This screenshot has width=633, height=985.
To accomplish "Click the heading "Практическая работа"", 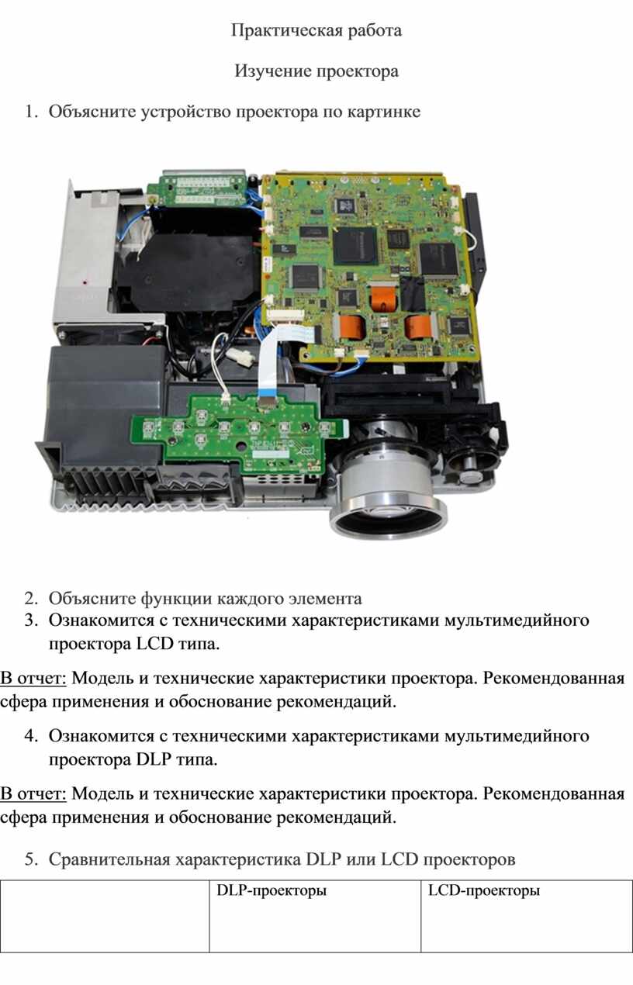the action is click(x=316, y=31).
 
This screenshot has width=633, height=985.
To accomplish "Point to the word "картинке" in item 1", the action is click(x=383, y=112).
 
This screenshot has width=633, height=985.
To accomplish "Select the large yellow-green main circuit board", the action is click(x=369, y=268).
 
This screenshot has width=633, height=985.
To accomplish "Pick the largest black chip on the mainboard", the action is click(x=355, y=246).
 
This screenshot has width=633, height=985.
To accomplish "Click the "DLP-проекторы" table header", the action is click(x=272, y=891).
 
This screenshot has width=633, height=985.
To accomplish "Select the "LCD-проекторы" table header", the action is click(x=484, y=891).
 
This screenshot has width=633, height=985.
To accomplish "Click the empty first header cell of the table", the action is click(x=105, y=916).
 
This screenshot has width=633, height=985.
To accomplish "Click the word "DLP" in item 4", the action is click(x=154, y=759).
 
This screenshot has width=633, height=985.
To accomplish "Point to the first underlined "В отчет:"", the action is click(x=33, y=678).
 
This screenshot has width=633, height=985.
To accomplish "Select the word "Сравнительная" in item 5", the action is click(x=109, y=859).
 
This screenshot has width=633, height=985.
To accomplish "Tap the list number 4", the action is click(x=30, y=736).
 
